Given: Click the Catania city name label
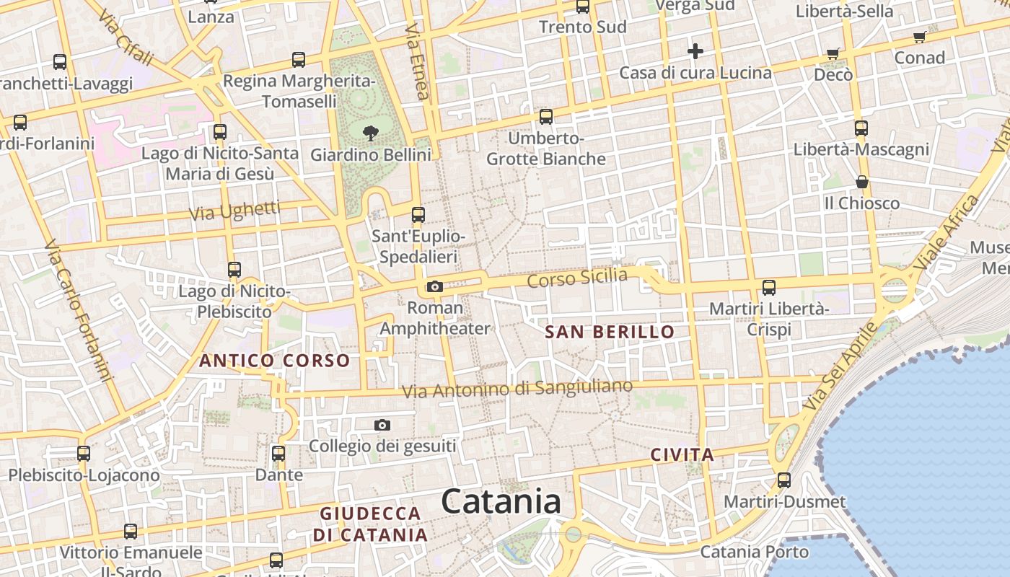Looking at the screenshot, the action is tap(501, 502).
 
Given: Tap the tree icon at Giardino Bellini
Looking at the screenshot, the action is tap(371, 133).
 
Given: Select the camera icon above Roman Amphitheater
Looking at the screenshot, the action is tap(434, 287).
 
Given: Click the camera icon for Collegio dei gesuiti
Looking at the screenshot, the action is tap(382, 426).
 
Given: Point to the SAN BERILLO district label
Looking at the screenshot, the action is tap(610, 332).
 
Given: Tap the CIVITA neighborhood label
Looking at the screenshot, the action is tap(682, 455).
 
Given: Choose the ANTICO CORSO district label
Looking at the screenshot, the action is tap(274, 361).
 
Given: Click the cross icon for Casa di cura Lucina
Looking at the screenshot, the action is tap(695, 51).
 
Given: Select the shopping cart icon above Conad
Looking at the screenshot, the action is tap(919, 37).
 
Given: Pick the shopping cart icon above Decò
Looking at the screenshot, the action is tap(833, 53).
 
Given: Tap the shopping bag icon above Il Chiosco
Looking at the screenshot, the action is tap(861, 182).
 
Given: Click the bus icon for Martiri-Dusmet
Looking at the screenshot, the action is tap(784, 480).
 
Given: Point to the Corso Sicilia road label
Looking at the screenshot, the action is tap(577, 278).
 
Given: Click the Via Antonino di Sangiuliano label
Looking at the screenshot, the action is tap(517, 389).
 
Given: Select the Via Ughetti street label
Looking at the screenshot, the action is tap(234, 211).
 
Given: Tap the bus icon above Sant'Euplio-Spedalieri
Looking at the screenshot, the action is tap(418, 215).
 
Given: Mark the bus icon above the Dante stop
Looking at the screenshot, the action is tap(278, 454).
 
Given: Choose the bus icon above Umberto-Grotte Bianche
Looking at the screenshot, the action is tap(546, 117).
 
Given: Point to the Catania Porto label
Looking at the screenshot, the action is tap(755, 552).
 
